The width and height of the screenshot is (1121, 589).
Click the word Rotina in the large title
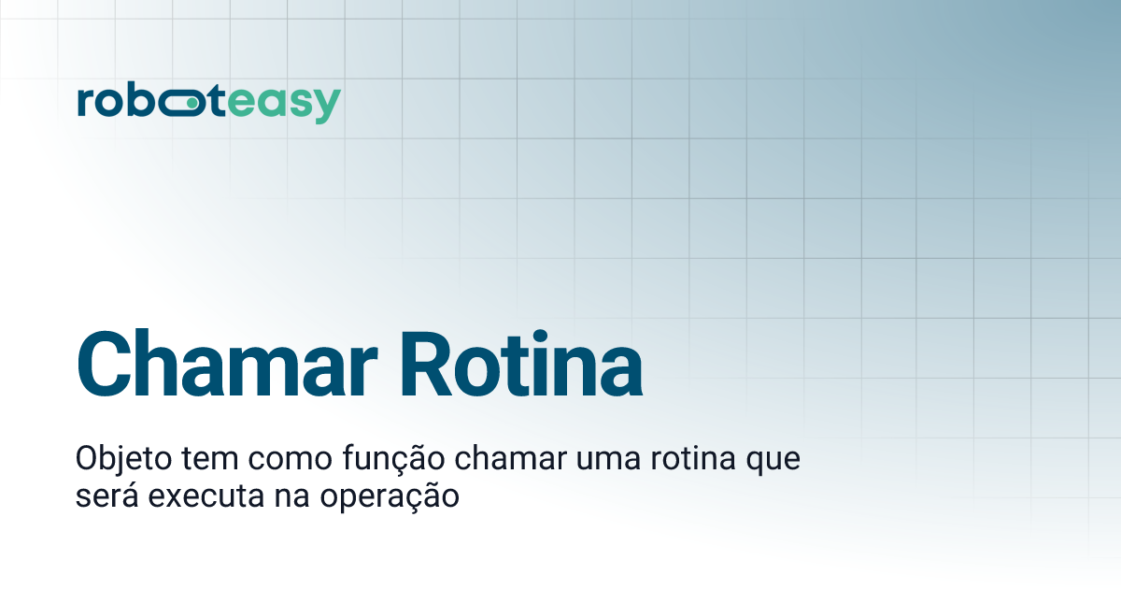click(522, 363)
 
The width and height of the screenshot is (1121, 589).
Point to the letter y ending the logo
click(327, 107)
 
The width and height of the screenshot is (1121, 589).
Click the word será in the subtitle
click(104, 496)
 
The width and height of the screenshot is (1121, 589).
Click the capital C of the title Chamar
click(105, 363)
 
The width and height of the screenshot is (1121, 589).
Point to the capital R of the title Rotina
click(430, 363)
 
